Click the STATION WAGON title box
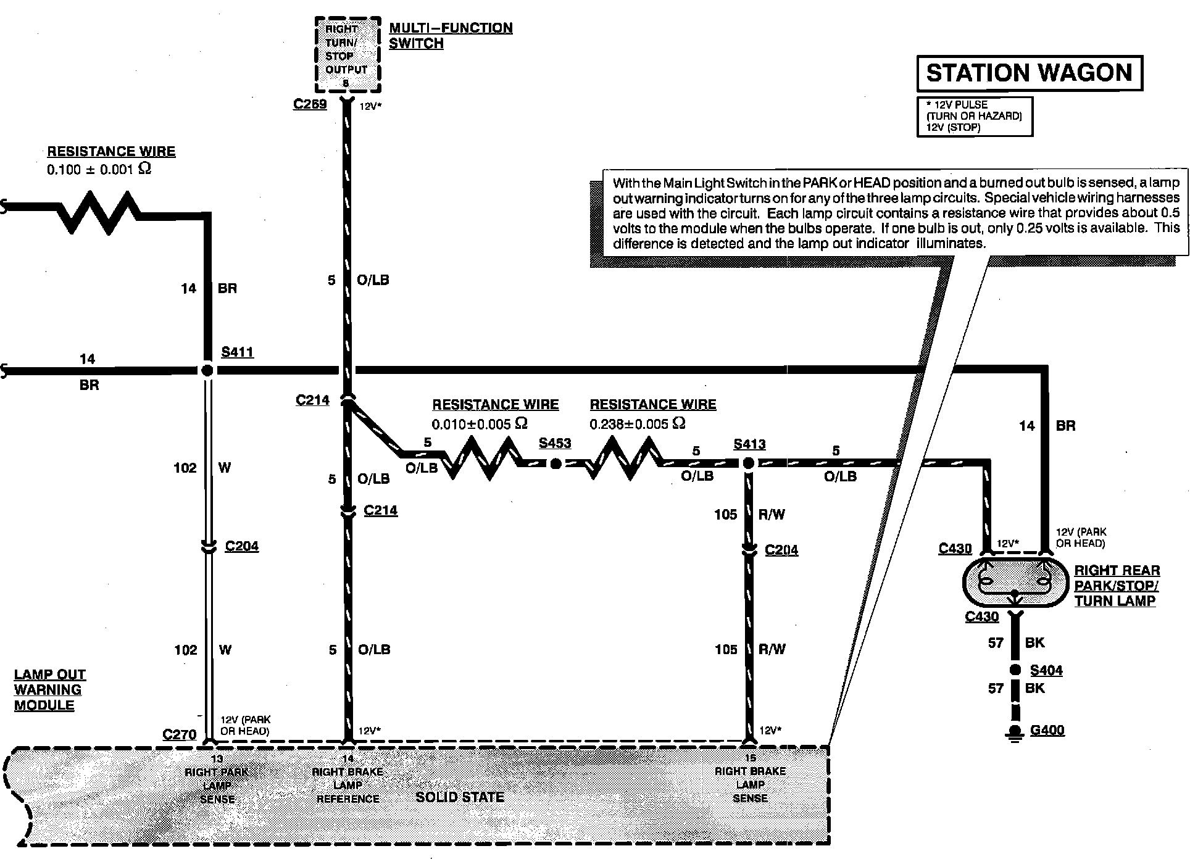[x=1030, y=73]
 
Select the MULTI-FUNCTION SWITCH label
[x=450, y=36]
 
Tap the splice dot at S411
[x=207, y=370]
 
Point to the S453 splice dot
[x=555, y=464]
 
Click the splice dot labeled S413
[x=748, y=463]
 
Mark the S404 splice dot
[x=1014, y=670]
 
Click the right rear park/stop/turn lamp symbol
[x=1014, y=582]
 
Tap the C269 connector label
[x=310, y=104]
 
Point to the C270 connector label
[x=179, y=734]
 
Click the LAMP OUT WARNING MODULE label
[x=49, y=690]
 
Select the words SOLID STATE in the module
[x=460, y=797]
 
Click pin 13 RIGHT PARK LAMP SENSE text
[x=217, y=779]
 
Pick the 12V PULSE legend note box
[x=974, y=116]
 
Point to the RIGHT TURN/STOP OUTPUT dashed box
[x=346, y=56]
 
